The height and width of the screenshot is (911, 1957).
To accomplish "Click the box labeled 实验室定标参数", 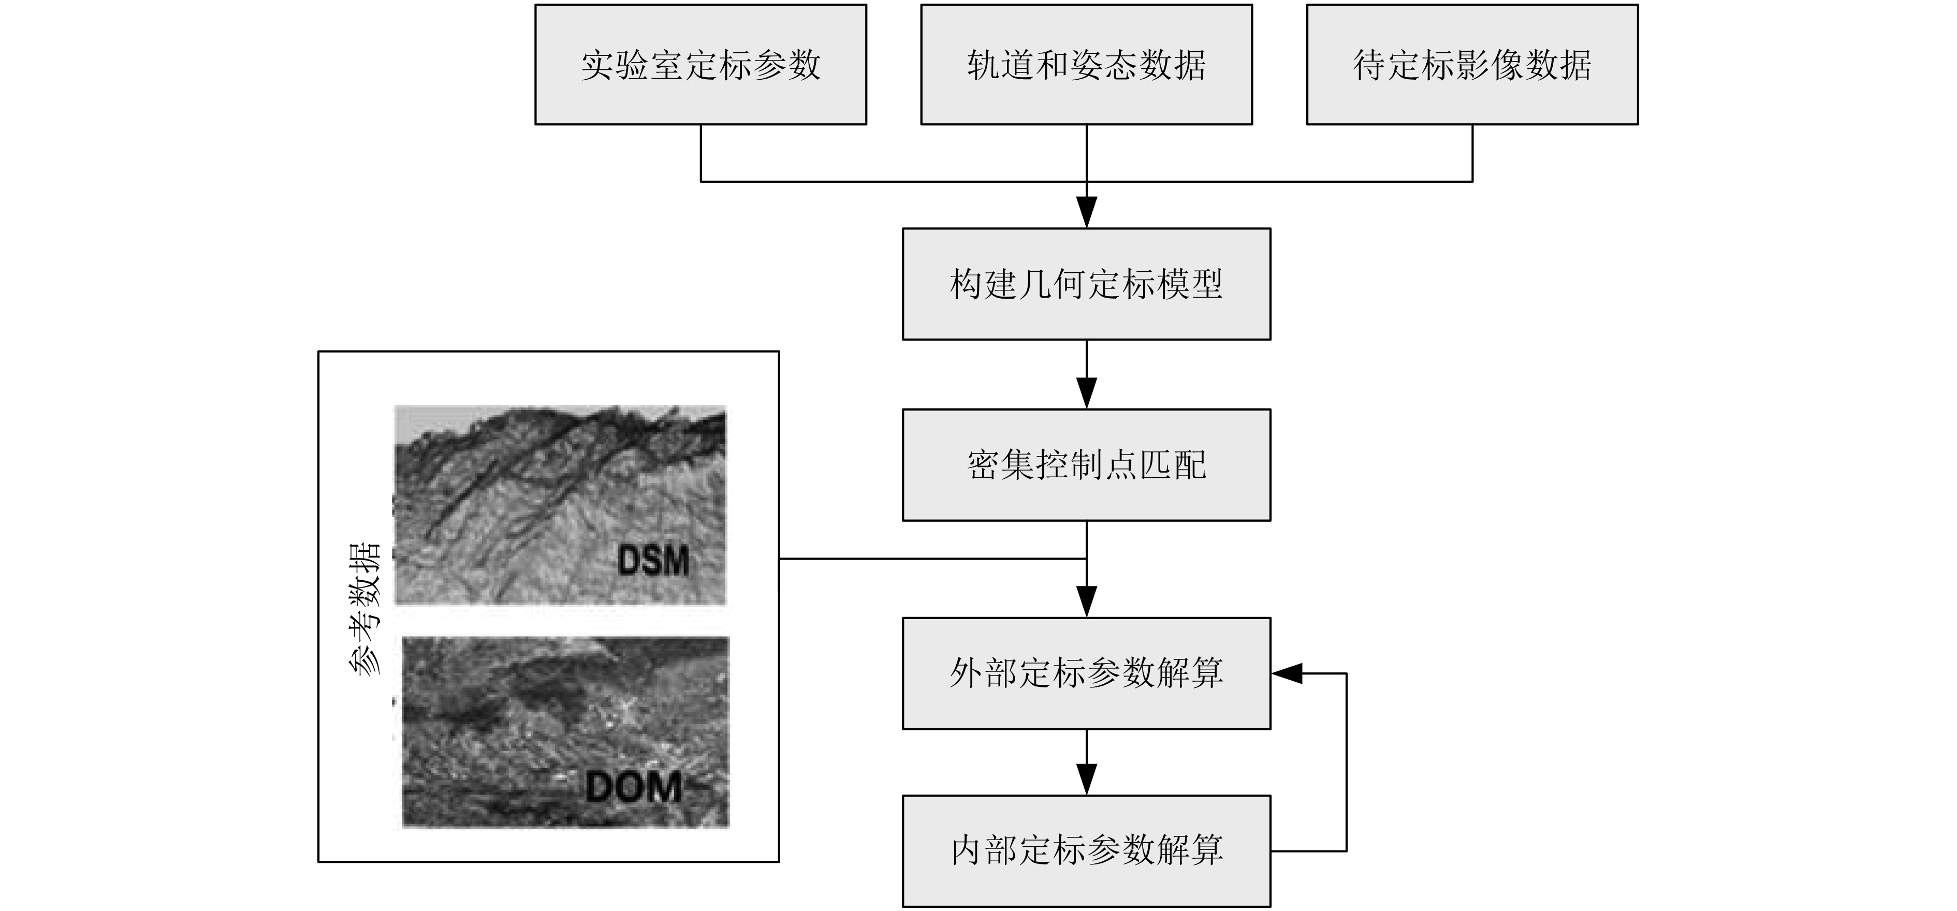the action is point(700,65).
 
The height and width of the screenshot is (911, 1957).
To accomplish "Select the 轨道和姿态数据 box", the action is point(1086,65).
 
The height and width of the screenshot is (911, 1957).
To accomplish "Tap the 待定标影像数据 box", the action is point(1472,65).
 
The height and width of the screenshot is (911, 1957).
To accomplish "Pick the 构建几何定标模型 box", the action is point(1086,284).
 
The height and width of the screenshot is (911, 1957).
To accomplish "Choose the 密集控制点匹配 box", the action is point(1086,465).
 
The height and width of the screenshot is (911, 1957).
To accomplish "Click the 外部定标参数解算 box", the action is point(1086,673).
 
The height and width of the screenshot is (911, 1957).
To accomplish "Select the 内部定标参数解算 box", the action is point(1086,851).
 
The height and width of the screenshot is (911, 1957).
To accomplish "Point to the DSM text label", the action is point(653,561).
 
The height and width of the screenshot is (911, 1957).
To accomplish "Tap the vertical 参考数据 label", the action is point(364,608).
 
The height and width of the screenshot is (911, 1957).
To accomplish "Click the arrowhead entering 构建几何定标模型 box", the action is point(1086,213).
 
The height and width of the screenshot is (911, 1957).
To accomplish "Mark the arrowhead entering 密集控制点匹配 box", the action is point(1086,393).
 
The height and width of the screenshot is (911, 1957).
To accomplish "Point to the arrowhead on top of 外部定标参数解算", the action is point(1086,602).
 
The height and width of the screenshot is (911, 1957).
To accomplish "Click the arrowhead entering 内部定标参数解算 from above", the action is point(1086,780).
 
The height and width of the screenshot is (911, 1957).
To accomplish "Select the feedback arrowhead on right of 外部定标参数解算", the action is point(1286,673).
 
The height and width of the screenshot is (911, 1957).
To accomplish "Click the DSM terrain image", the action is point(560,505).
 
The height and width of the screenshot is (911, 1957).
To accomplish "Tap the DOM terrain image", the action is point(565,732).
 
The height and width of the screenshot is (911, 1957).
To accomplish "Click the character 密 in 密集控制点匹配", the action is point(984,465).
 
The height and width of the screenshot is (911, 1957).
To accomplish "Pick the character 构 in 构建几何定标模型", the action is point(967,284).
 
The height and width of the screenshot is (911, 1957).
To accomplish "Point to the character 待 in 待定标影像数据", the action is point(1370,65).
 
